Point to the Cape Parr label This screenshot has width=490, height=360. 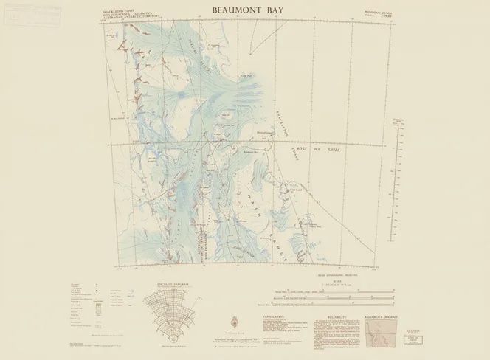click(248, 75)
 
